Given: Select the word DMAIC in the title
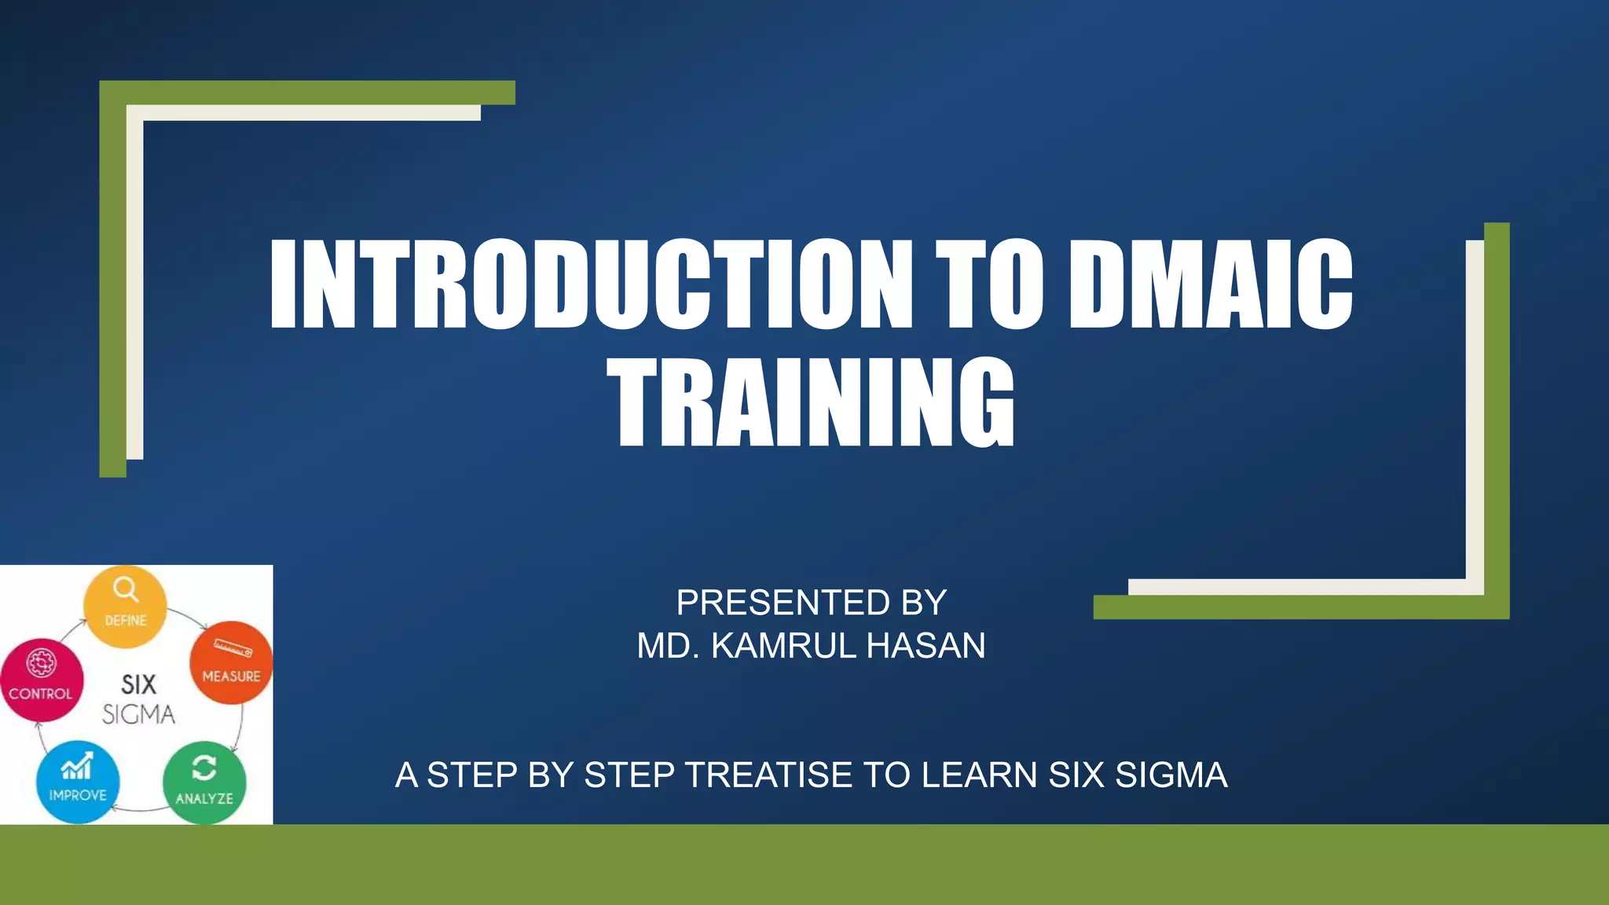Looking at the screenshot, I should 1210,284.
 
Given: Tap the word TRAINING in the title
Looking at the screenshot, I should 810,402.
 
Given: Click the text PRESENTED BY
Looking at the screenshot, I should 811,603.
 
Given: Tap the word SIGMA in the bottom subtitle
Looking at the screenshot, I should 1171,775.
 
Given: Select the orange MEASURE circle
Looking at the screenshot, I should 231,662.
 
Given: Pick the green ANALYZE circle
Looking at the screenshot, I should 203,782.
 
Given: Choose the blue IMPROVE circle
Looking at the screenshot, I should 78,782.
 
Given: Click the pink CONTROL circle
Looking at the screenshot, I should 41,680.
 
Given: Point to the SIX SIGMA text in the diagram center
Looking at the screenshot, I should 138,699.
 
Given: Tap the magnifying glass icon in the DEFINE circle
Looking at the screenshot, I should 125,589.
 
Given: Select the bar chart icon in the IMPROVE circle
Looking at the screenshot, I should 77,766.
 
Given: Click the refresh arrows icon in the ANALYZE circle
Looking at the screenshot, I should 203,768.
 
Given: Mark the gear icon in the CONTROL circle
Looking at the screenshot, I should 41,663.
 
